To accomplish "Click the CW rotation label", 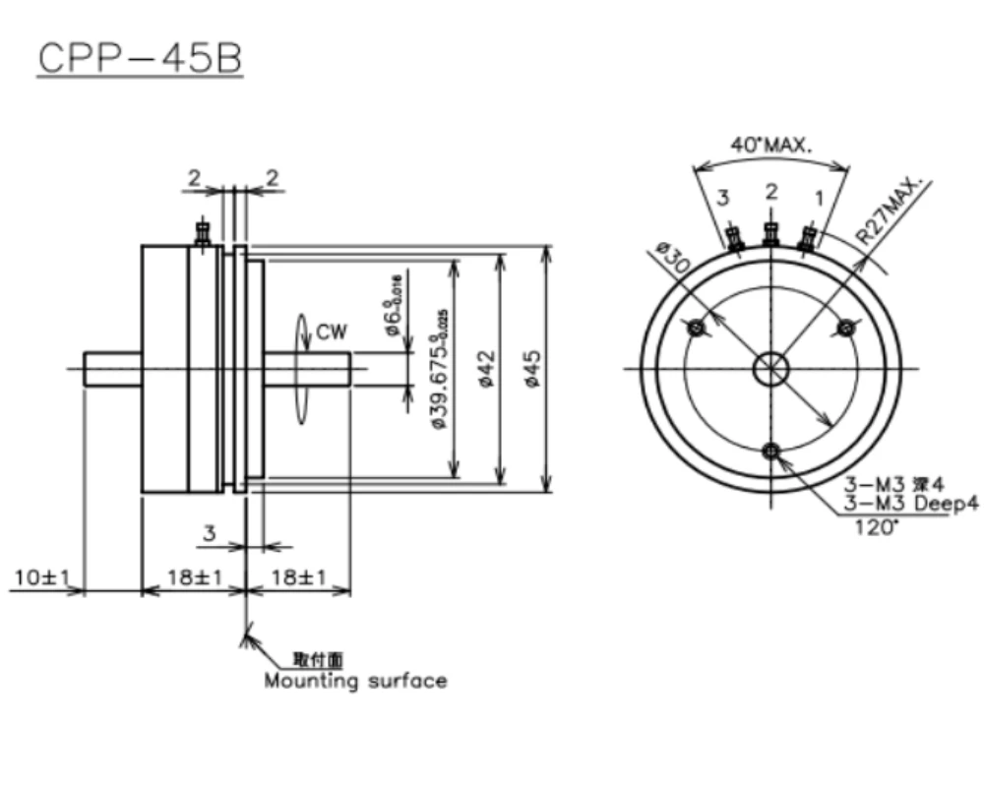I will pyautogui.click(x=332, y=333).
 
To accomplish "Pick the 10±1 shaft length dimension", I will pyautogui.click(x=39, y=577).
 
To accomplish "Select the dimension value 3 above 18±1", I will pyautogui.click(x=209, y=533).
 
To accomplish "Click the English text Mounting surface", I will pyautogui.click(x=354, y=681).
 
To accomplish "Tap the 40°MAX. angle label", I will pyautogui.click(x=770, y=145).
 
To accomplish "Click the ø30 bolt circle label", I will pyautogui.click(x=671, y=260).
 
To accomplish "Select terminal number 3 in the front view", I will pyautogui.click(x=723, y=199).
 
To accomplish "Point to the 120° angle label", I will pyautogui.click(x=877, y=526).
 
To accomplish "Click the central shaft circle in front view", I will pyautogui.click(x=770, y=370).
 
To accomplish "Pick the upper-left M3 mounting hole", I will pyautogui.click(x=698, y=328).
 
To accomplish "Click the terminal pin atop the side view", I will pyautogui.click(x=203, y=233).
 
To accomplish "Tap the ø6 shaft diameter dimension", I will pyautogui.click(x=395, y=306).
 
